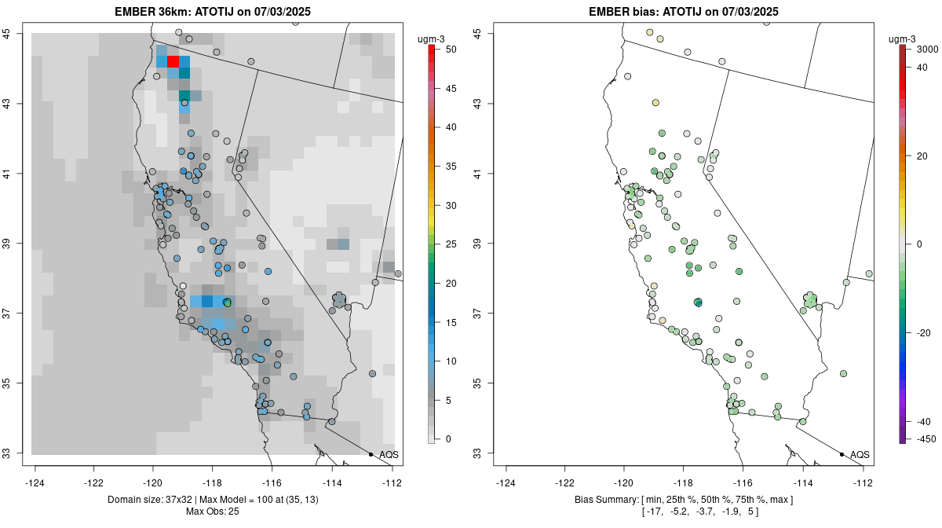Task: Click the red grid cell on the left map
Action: coord(173,61)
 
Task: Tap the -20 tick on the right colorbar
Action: coord(925,332)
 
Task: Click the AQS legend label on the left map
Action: coord(389,454)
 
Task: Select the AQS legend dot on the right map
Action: coord(842,454)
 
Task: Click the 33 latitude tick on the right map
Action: coord(487,453)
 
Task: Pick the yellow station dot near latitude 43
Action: coord(655,103)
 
